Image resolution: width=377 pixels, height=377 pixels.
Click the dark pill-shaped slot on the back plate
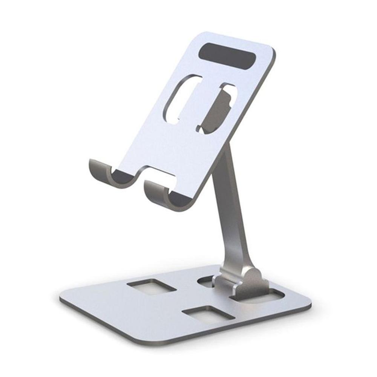click(x=229, y=56)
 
